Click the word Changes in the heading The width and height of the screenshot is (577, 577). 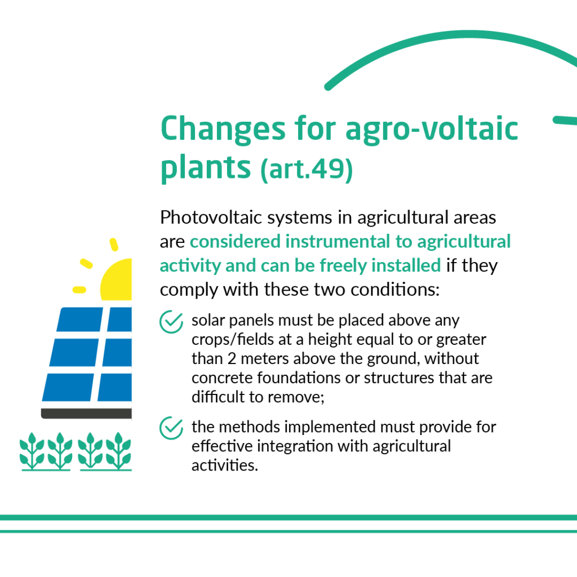point(223,129)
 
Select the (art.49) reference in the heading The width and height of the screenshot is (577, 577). point(307,169)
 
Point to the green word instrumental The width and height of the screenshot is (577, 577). point(338,241)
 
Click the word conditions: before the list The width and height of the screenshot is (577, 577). point(395,290)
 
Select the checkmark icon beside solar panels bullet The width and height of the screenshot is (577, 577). point(171,322)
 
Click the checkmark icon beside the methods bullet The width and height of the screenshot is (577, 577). point(171,428)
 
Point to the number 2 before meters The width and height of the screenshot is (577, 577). point(232,358)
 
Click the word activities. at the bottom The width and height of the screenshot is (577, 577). point(225,465)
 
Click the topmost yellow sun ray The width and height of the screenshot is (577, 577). point(114,245)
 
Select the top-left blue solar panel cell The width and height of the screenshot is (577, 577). point(80,319)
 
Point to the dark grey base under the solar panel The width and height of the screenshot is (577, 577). point(86,413)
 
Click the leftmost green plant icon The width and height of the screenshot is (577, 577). point(32,451)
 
